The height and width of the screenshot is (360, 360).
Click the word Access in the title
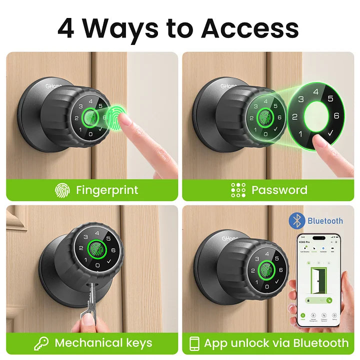(x=249, y=28)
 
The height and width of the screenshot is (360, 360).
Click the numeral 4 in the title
(x=67, y=28)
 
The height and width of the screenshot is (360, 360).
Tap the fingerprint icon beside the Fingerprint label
(x=62, y=190)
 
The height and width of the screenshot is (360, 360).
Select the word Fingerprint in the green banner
(x=107, y=190)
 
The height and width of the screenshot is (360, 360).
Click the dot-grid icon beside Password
(x=238, y=190)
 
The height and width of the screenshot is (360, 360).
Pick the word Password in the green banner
(x=279, y=190)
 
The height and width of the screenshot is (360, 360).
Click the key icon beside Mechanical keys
(x=41, y=343)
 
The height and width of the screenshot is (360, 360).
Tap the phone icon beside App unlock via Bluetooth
(x=195, y=343)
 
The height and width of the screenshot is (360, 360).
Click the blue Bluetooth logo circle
(x=297, y=220)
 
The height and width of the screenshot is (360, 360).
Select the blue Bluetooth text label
(x=325, y=220)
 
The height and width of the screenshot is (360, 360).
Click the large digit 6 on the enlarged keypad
(x=336, y=116)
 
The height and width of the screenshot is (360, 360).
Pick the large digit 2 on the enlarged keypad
(x=295, y=117)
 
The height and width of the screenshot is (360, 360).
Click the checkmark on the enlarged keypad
(x=329, y=134)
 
